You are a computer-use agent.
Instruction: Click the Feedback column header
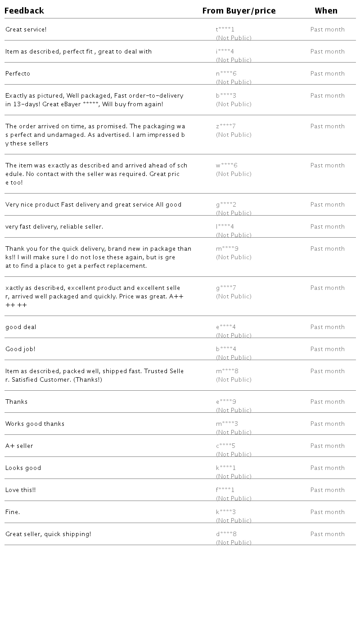tap(24, 11)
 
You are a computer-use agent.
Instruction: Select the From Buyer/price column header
tap(239, 11)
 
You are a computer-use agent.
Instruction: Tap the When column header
tap(326, 11)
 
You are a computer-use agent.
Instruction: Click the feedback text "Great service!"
tap(26, 30)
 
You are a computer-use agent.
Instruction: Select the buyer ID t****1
tap(225, 30)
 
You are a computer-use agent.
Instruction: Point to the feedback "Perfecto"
tap(18, 74)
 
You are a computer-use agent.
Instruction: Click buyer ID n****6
tap(226, 74)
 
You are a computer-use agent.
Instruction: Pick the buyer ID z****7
tap(225, 126)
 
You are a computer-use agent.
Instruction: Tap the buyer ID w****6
tap(226, 166)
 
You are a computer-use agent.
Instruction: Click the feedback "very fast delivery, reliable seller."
tap(54, 227)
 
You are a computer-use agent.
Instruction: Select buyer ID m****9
tap(227, 249)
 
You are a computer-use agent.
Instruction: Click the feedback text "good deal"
tap(21, 327)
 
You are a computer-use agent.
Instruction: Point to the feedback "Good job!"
tap(20, 349)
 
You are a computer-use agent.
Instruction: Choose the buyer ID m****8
tap(227, 371)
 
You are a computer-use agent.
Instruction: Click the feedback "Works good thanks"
tap(35, 424)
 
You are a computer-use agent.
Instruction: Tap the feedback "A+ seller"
tap(19, 446)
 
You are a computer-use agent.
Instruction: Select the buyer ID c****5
tap(225, 446)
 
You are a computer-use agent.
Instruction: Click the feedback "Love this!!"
tap(21, 490)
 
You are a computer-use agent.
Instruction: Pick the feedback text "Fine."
tap(13, 512)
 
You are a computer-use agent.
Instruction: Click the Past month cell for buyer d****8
tap(327, 534)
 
